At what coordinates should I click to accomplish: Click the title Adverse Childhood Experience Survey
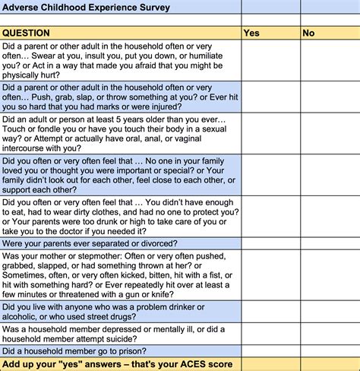point(85,8)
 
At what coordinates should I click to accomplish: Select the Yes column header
point(251,33)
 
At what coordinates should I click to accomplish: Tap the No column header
point(308,33)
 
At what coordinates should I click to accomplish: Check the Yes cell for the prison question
point(270,350)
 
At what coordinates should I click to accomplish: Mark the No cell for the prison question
point(330,350)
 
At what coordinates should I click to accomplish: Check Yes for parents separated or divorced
point(270,243)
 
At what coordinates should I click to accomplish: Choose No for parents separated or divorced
point(330,243)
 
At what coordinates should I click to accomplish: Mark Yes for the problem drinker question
point(270,312)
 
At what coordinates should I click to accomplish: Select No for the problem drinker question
point(330,312)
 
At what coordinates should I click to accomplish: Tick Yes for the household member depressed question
point(270,334)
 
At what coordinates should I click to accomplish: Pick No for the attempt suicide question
point(330,334)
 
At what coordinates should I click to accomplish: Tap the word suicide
point(150,339)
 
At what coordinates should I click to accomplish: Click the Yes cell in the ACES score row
point(270,365)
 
